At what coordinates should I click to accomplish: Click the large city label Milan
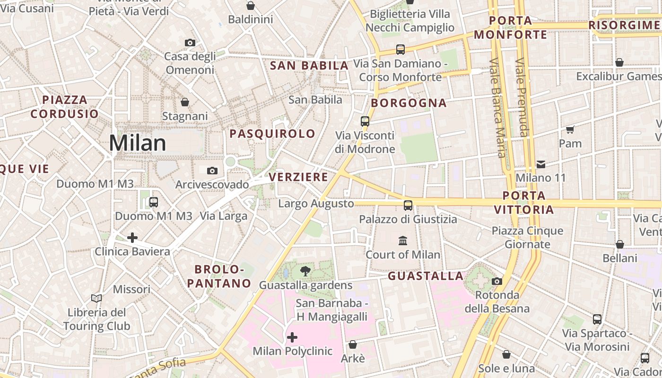[x=138, y=143]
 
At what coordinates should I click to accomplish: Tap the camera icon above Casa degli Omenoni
[x=190, y=43]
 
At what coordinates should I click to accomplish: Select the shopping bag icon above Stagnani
[x=185, y=102]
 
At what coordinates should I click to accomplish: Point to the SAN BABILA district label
[x=309, y=66]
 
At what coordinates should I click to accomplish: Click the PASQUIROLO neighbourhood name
[x=272, y=134]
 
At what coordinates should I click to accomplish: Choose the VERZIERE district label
[x=298, y=177]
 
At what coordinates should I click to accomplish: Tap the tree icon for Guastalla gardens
[x=305, y=271]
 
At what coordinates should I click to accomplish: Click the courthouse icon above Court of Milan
[x=403, y=241]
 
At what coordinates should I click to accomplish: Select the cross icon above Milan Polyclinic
[x=292, y=337]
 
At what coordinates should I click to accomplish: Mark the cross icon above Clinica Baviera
[x=132, y=237]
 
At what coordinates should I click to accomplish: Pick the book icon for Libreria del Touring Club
[x=96, y=298]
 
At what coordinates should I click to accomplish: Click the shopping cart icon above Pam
[x=570, y=129]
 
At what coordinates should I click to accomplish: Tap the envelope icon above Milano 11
[x=541, y=164]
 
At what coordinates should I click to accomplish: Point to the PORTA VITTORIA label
[x=524, y=202]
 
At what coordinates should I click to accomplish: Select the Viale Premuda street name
[x=522, y=97]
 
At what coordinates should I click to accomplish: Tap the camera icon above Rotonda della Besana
[x=496, y=281]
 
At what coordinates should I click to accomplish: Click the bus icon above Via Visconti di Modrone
[x=365, y=121]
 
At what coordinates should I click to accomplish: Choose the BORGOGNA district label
[x=409, y=103]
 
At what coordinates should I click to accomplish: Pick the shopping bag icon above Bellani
[x=619, y=244]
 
